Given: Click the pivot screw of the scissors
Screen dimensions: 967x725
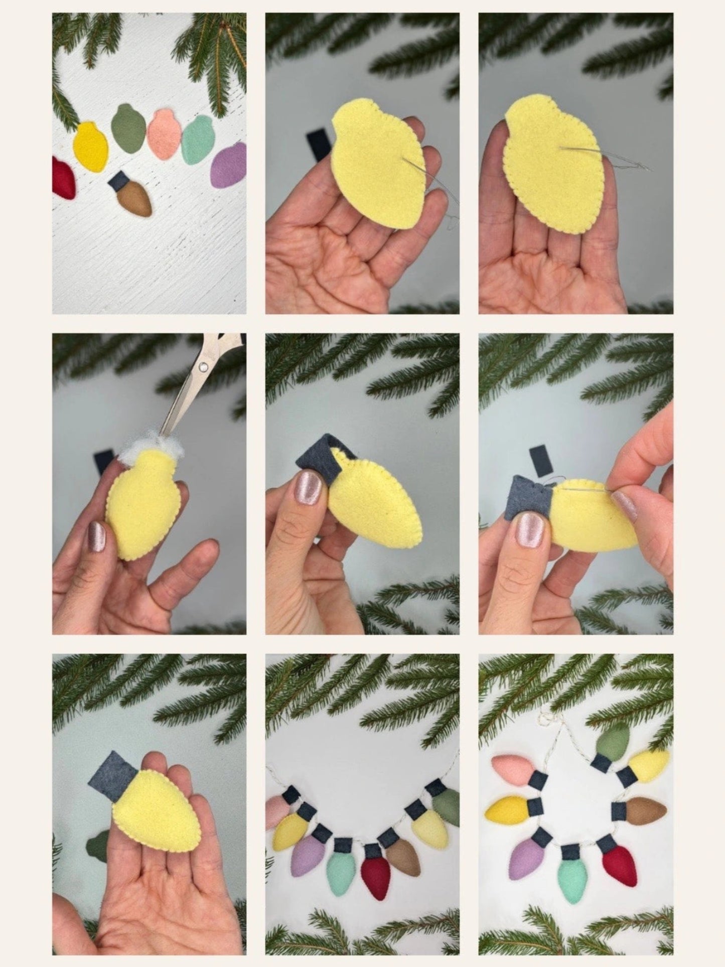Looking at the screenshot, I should point(202,366).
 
